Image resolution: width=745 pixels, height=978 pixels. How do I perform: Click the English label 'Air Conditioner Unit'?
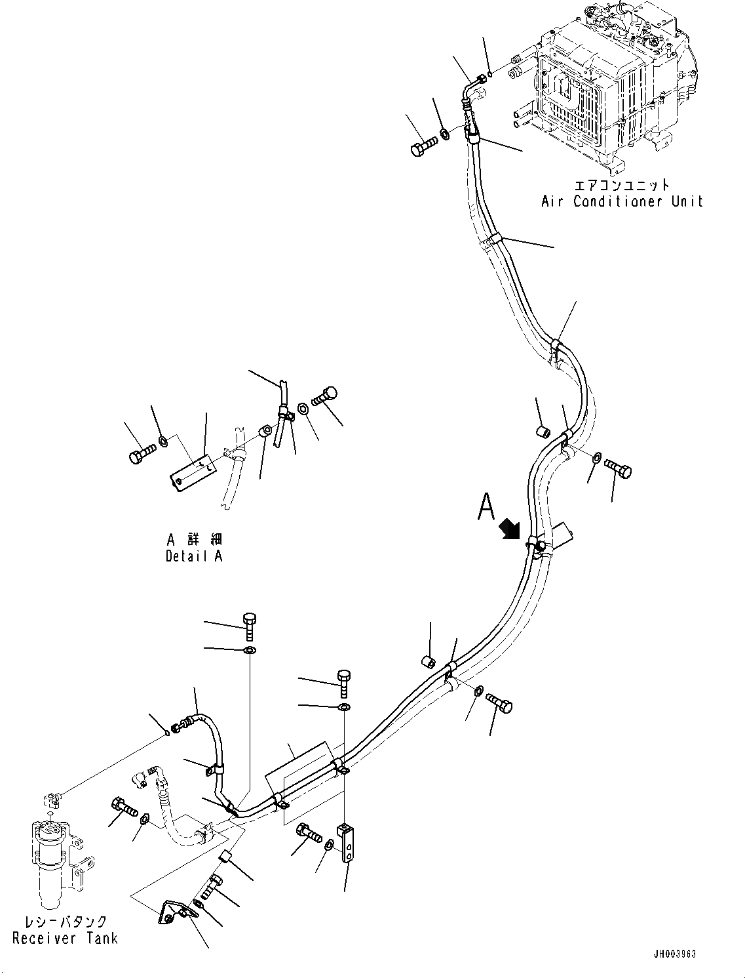[621, 201]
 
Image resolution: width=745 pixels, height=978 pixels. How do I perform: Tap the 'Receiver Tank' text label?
[66, 938]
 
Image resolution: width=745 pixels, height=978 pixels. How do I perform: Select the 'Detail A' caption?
[194, 556]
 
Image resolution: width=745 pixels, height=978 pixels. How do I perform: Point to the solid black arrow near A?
[509, 529]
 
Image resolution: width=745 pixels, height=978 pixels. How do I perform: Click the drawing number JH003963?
[674, 953]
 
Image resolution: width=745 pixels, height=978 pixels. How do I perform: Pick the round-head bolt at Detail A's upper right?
[324, 396]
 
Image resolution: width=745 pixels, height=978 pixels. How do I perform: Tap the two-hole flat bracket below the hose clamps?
[347, 842]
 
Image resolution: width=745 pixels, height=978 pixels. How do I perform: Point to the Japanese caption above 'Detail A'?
[194, 539]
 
